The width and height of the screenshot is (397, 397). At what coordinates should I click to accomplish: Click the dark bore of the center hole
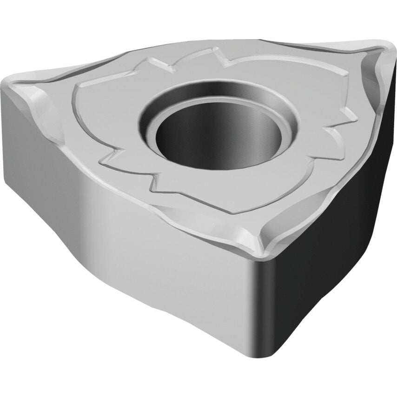(x=218, y=132)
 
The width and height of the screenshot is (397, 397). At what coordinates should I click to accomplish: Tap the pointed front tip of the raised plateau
(x=237, y=212)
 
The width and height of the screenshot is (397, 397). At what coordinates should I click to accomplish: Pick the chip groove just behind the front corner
(x=260, y=230)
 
